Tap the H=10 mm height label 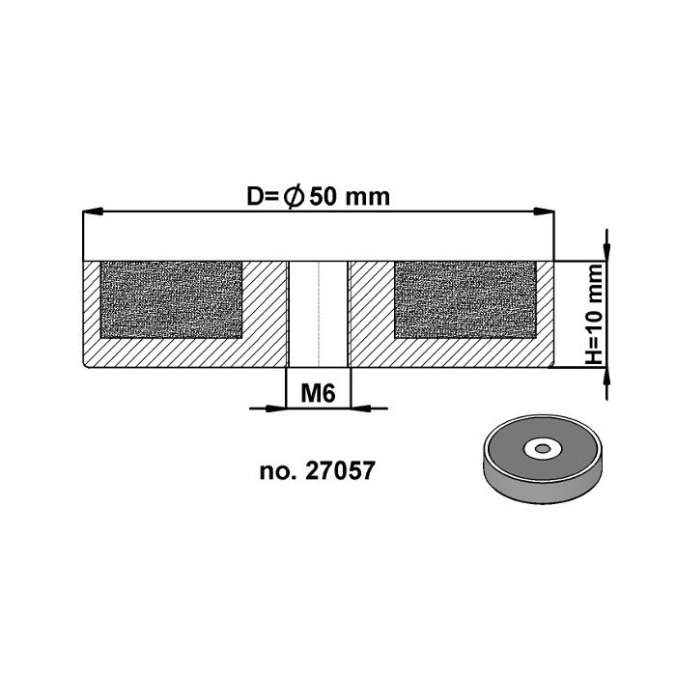click(x=596, y=314)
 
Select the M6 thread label click(x=318, y=393)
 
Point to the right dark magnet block click(x=465, y=299)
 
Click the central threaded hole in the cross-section click(x=318, y=314)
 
